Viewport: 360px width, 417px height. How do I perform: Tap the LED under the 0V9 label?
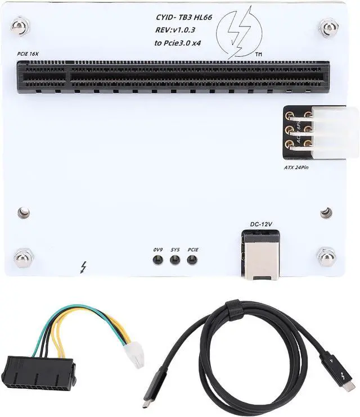(x=158, y=260)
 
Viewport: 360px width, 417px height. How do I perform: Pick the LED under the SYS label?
(x=175, y=260)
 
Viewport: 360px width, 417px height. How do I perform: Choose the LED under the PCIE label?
(x=192, y=260)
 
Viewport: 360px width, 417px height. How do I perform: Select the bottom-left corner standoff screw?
(x=23, y=257)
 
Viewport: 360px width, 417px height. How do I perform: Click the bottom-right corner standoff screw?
(x=327, y=256)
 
